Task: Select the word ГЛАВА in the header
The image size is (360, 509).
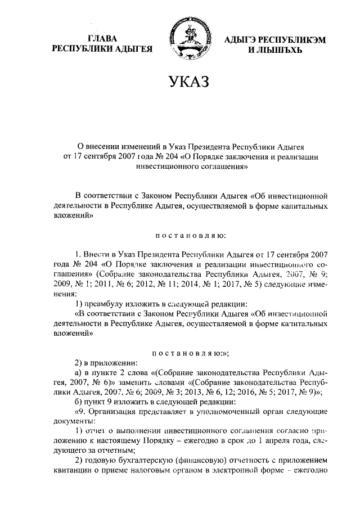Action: pos(102,39)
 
